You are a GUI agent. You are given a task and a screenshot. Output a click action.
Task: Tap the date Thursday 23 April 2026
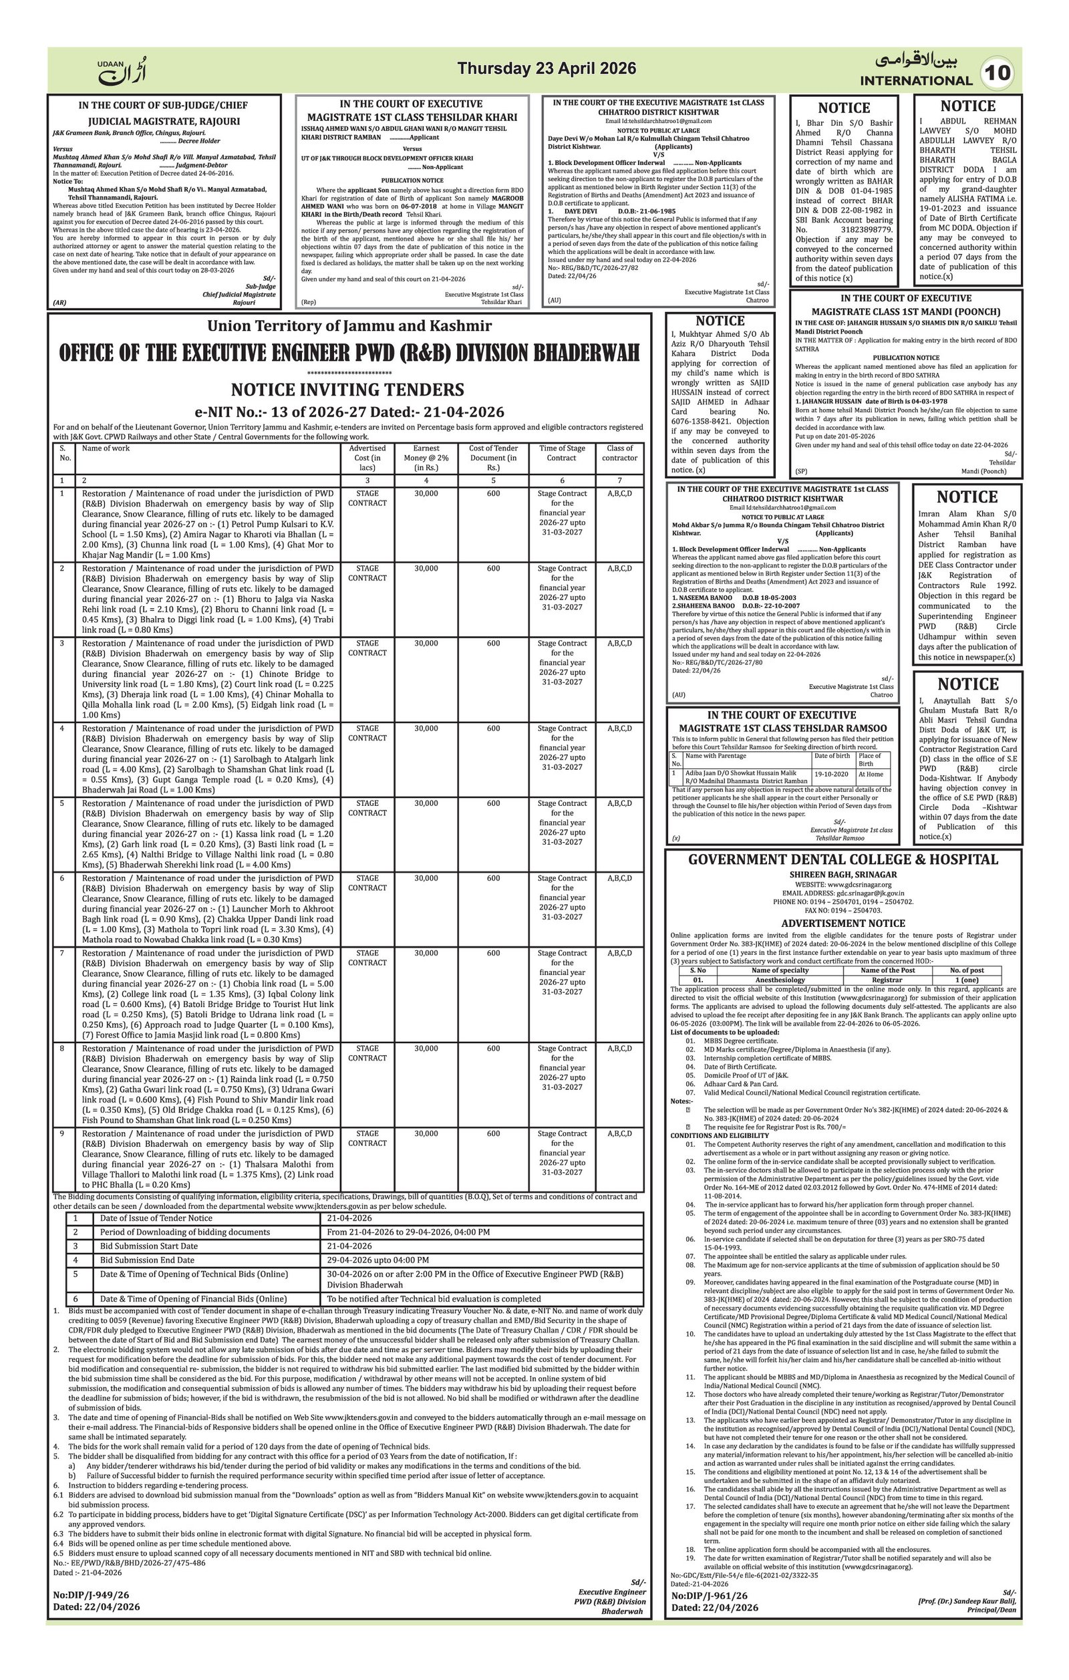(546, 68)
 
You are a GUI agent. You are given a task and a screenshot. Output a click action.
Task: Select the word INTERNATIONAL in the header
(915, 81)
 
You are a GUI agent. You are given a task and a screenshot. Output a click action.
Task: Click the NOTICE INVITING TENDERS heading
(347, 390)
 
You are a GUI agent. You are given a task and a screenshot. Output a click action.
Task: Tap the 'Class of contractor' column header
(619, 453)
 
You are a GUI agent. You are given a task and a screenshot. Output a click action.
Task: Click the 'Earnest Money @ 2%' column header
(426, 458)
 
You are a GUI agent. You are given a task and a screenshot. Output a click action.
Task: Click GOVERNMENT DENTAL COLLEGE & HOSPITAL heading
(843, 859)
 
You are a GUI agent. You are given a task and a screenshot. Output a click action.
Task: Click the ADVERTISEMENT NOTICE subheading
(843, 923)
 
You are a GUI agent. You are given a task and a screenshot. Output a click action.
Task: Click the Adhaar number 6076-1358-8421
(720, 421)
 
